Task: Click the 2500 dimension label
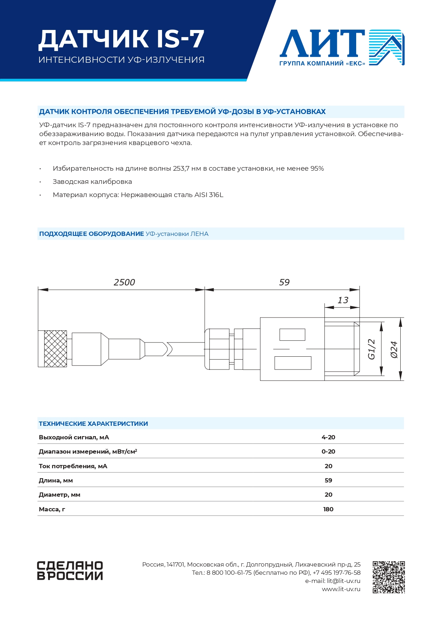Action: click(124, 282)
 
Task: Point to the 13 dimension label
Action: click(343, 300)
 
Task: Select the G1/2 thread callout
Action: click(371, 349)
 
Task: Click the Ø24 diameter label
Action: click(394, 349)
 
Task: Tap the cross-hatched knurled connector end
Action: click(55, 349)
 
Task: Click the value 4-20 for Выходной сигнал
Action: click(328, 437)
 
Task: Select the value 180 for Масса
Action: click(328, 509)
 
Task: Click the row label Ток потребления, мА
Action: click(73, 466)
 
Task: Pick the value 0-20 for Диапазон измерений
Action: click(328, 451)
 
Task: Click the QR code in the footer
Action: click(389, 577)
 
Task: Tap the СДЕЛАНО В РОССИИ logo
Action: click(70, 570)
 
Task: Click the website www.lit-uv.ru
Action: click(341, 589)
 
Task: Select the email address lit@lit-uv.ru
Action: click(343, 581)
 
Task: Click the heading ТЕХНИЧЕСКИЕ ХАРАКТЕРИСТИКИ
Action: click(93, 424)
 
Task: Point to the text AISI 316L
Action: click(209, 195)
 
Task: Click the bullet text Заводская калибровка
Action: click(92, 182)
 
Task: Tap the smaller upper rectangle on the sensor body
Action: click(292, 335)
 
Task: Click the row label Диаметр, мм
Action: click(59, 495)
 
